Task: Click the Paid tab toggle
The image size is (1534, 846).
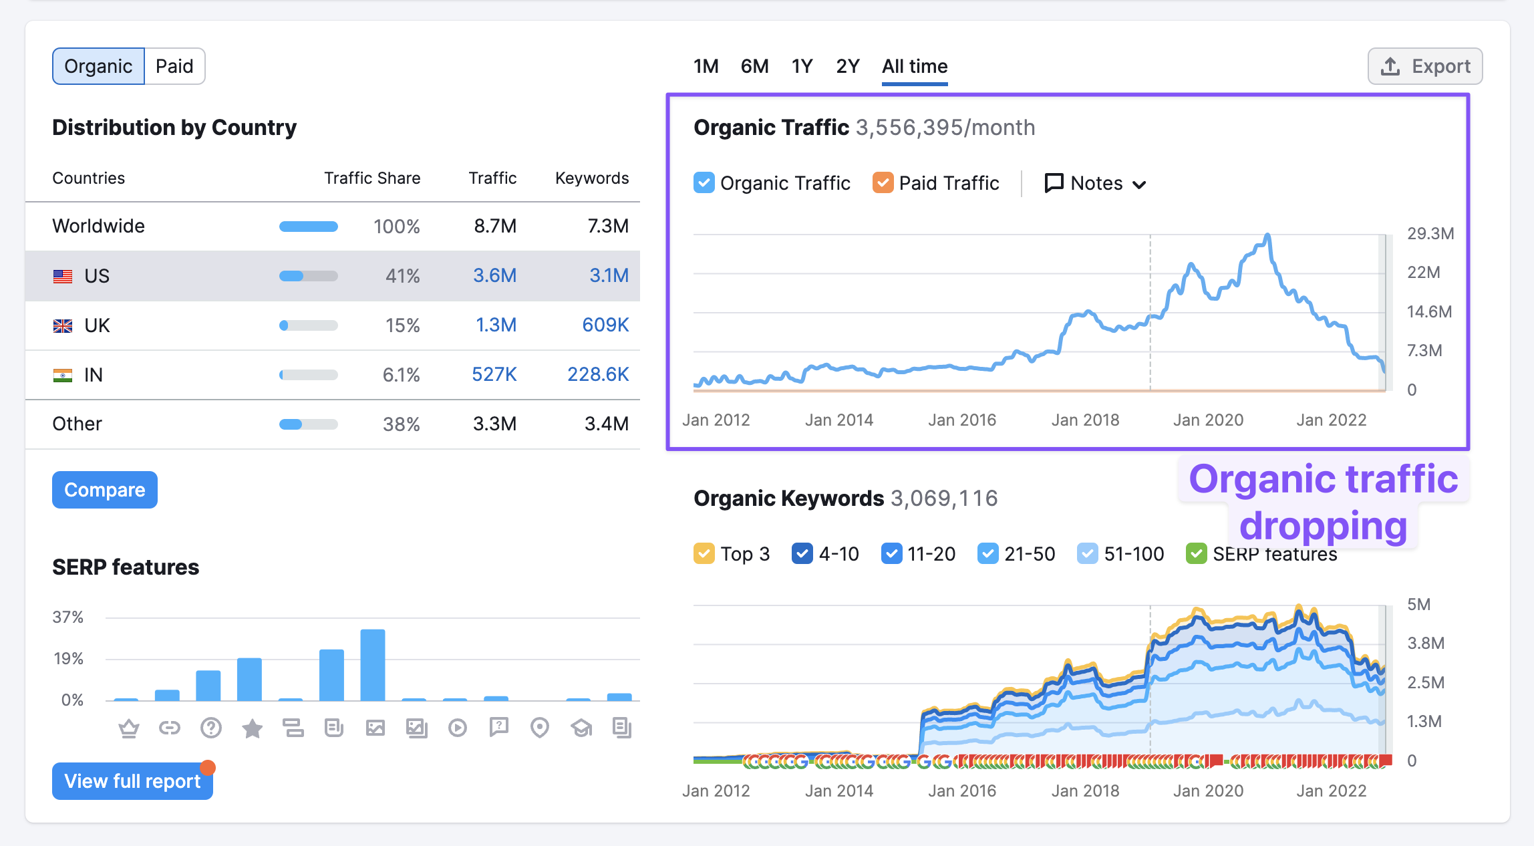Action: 174,66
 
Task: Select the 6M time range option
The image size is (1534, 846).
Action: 754,66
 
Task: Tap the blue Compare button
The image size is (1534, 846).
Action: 105,490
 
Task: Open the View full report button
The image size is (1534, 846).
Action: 132,781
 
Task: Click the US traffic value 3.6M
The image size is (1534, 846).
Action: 494,275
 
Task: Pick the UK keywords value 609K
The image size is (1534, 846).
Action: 605,325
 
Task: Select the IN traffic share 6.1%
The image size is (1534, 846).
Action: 401,374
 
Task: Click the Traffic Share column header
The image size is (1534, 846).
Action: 372,178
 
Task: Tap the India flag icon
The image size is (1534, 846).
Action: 63,375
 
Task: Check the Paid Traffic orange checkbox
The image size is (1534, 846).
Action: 883,182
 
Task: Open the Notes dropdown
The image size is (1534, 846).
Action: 1096,183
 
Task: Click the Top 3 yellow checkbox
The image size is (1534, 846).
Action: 704,553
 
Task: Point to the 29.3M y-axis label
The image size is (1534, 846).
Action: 1430,233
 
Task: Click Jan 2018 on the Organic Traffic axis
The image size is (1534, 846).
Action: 1085,420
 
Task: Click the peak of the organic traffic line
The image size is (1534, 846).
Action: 1267,235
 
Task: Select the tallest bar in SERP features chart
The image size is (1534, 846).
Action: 373,664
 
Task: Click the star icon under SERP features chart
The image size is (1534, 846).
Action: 252,728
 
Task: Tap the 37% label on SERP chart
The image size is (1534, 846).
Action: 68,617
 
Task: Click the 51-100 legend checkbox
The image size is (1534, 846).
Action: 1087,553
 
